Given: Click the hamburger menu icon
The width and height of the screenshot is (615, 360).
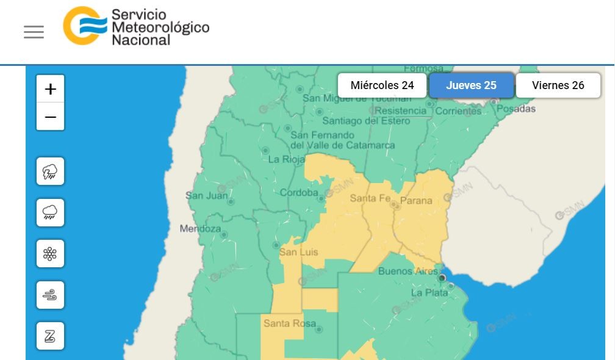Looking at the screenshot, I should tap(34, 32).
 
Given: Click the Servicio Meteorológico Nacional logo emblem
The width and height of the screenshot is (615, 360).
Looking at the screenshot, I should tap(84, 26).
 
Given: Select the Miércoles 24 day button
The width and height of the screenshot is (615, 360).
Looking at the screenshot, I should tap(382, 85).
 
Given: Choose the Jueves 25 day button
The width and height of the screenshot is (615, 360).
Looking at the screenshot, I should tap(471, 85).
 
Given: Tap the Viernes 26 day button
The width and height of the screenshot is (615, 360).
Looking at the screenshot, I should tap(558, 85).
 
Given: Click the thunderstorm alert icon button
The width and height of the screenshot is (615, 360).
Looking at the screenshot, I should tap(50, 171).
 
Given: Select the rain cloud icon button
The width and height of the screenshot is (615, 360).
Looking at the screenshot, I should tap(50, 212).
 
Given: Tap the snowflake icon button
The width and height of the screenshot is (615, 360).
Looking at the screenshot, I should tap(50, 253).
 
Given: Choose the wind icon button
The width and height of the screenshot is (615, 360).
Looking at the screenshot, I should tap(50, 295).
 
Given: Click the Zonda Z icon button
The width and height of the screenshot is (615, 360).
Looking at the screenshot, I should tap(50, 336).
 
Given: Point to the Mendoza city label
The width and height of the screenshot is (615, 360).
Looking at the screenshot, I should tap(200, 229).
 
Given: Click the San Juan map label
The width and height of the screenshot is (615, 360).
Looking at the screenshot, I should tap(206, 196).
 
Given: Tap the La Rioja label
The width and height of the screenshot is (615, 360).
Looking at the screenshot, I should tap(287, 160).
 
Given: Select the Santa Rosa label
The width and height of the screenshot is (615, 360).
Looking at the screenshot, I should tap(290, 323).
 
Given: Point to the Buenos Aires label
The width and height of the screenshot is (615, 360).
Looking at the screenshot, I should tap(408, 271).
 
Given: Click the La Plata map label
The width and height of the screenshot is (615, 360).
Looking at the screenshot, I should tap(429, 293).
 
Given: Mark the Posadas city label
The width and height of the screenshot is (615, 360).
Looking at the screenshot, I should tap(516, 109).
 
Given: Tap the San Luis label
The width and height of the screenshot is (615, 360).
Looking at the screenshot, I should tap(298, 252).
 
